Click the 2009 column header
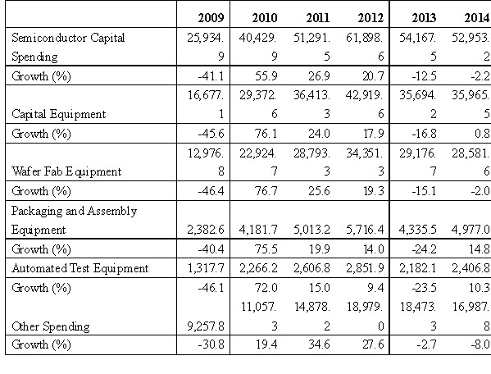coord(211,17)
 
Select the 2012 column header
coord(371,17)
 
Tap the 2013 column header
coord(424,17)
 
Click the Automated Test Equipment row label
coord(80,268)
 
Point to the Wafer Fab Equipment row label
coord(66,171)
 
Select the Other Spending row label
coord(51,326)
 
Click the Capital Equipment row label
coord(58,114)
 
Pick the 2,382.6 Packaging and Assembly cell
coord(206,230)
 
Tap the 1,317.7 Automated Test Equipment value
coord(206,268)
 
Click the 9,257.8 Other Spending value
coord(206,326)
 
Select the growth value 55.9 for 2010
coord(266,75)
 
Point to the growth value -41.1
coord(211,75)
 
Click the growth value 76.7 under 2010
coord(266,191)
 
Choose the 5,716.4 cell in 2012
coord(365,230)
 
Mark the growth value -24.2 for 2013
coord(424,249)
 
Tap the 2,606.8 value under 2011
coord(311,268)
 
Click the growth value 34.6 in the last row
coord(319,344)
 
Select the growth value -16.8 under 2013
coord(424,134)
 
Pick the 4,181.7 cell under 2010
coord(258,230)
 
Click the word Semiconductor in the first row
coord(49,38)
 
